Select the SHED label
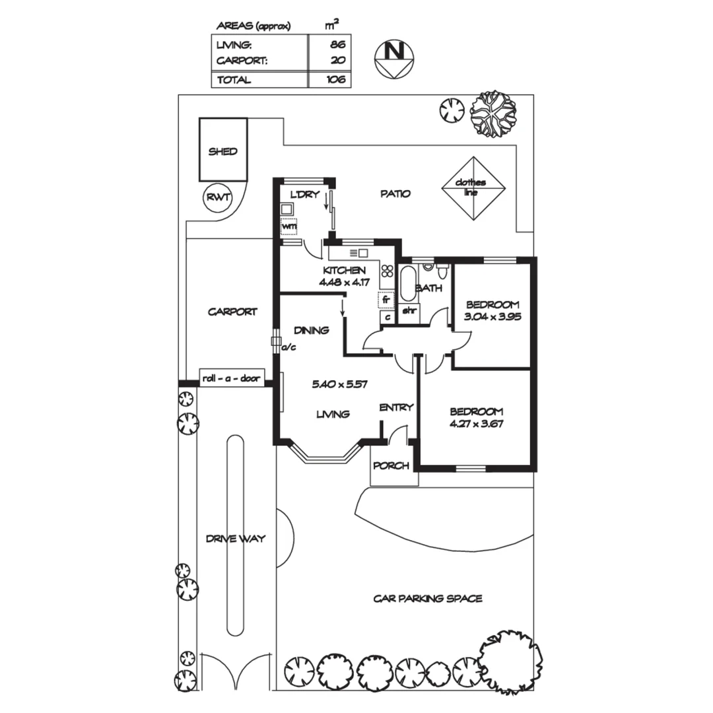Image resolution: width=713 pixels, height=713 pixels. [222, 151]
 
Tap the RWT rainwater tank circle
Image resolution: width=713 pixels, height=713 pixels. [217, 197]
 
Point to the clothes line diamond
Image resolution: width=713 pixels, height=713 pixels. [473, 187]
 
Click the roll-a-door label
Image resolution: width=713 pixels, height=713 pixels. [232, 379]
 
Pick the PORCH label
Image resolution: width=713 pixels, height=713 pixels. [391, 466]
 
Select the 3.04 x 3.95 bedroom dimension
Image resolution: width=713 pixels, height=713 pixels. [492, 316]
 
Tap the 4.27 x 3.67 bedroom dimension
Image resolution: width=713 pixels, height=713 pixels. [476, 424]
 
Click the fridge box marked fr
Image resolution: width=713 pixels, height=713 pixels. [386, 299]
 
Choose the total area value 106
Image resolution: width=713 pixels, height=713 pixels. [335, 80]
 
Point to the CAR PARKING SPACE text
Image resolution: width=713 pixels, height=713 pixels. [428, 599]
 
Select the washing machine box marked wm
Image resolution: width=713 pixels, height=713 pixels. [289, 226]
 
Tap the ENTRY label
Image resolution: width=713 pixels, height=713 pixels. [396, 407]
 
